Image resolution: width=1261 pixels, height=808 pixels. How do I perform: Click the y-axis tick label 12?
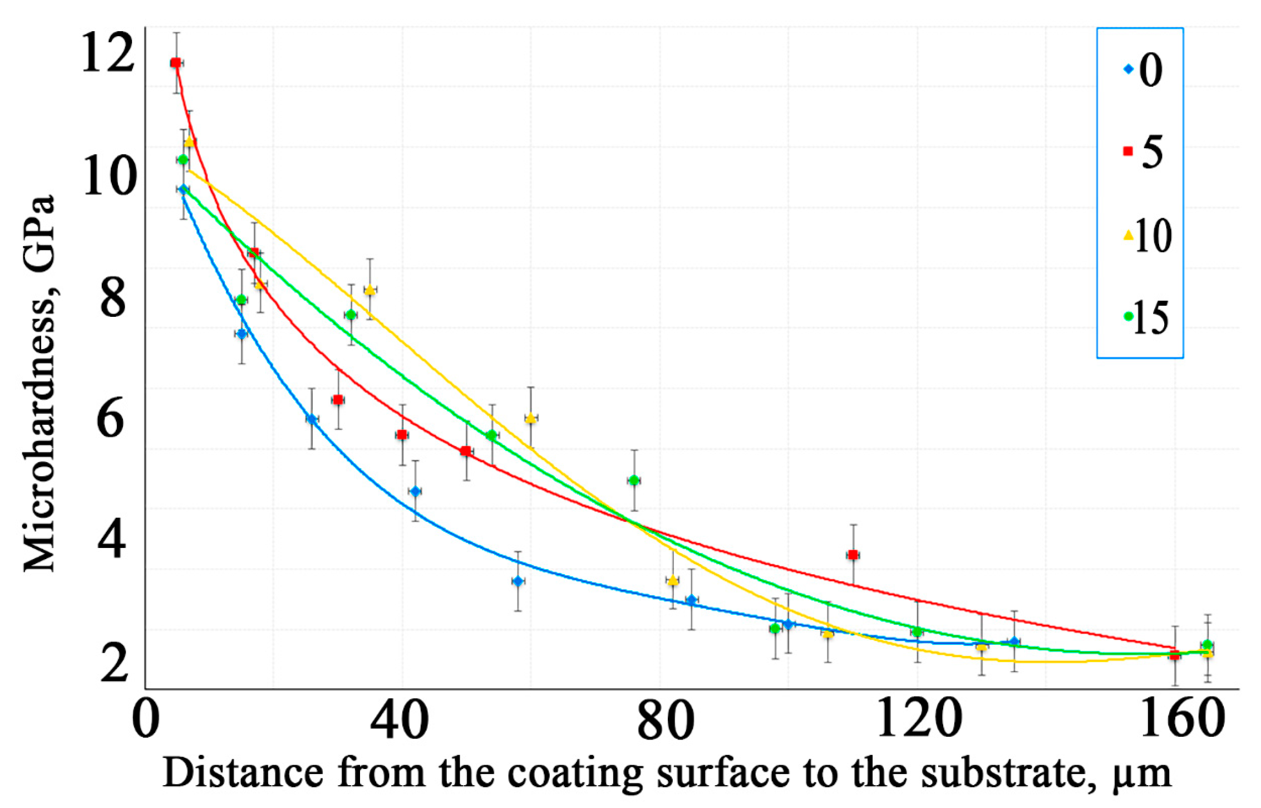[107, 53]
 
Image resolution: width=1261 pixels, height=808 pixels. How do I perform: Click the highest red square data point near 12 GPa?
[176, 63]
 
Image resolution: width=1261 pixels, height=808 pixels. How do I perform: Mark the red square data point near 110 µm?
[853, 555]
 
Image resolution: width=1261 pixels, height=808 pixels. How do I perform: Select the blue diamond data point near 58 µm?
[518, 581]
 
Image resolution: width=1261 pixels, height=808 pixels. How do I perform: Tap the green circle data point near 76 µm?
[634, 480]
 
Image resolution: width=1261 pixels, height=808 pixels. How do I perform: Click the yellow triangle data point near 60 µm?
[531, 418]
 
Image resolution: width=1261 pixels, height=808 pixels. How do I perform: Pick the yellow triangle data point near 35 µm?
[370, 290]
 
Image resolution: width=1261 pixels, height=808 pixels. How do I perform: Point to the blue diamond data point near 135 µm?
[1014, 642]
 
